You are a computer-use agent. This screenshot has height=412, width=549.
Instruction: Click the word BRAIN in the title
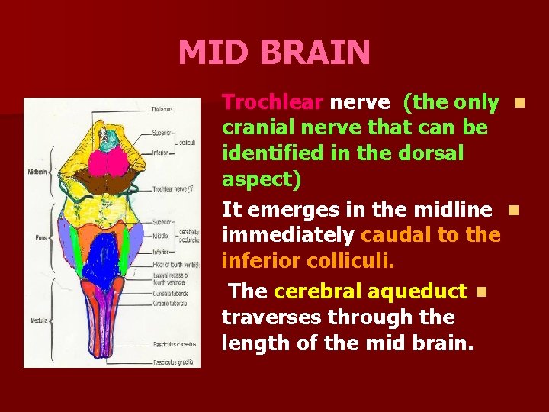[x=315, y=53]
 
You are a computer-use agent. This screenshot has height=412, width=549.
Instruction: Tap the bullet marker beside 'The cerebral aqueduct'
[x=479, y=291]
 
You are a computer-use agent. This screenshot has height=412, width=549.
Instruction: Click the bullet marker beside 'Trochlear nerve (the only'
[x=519, y=101]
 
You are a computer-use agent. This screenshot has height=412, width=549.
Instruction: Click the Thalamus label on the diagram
[x=162, y=109]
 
